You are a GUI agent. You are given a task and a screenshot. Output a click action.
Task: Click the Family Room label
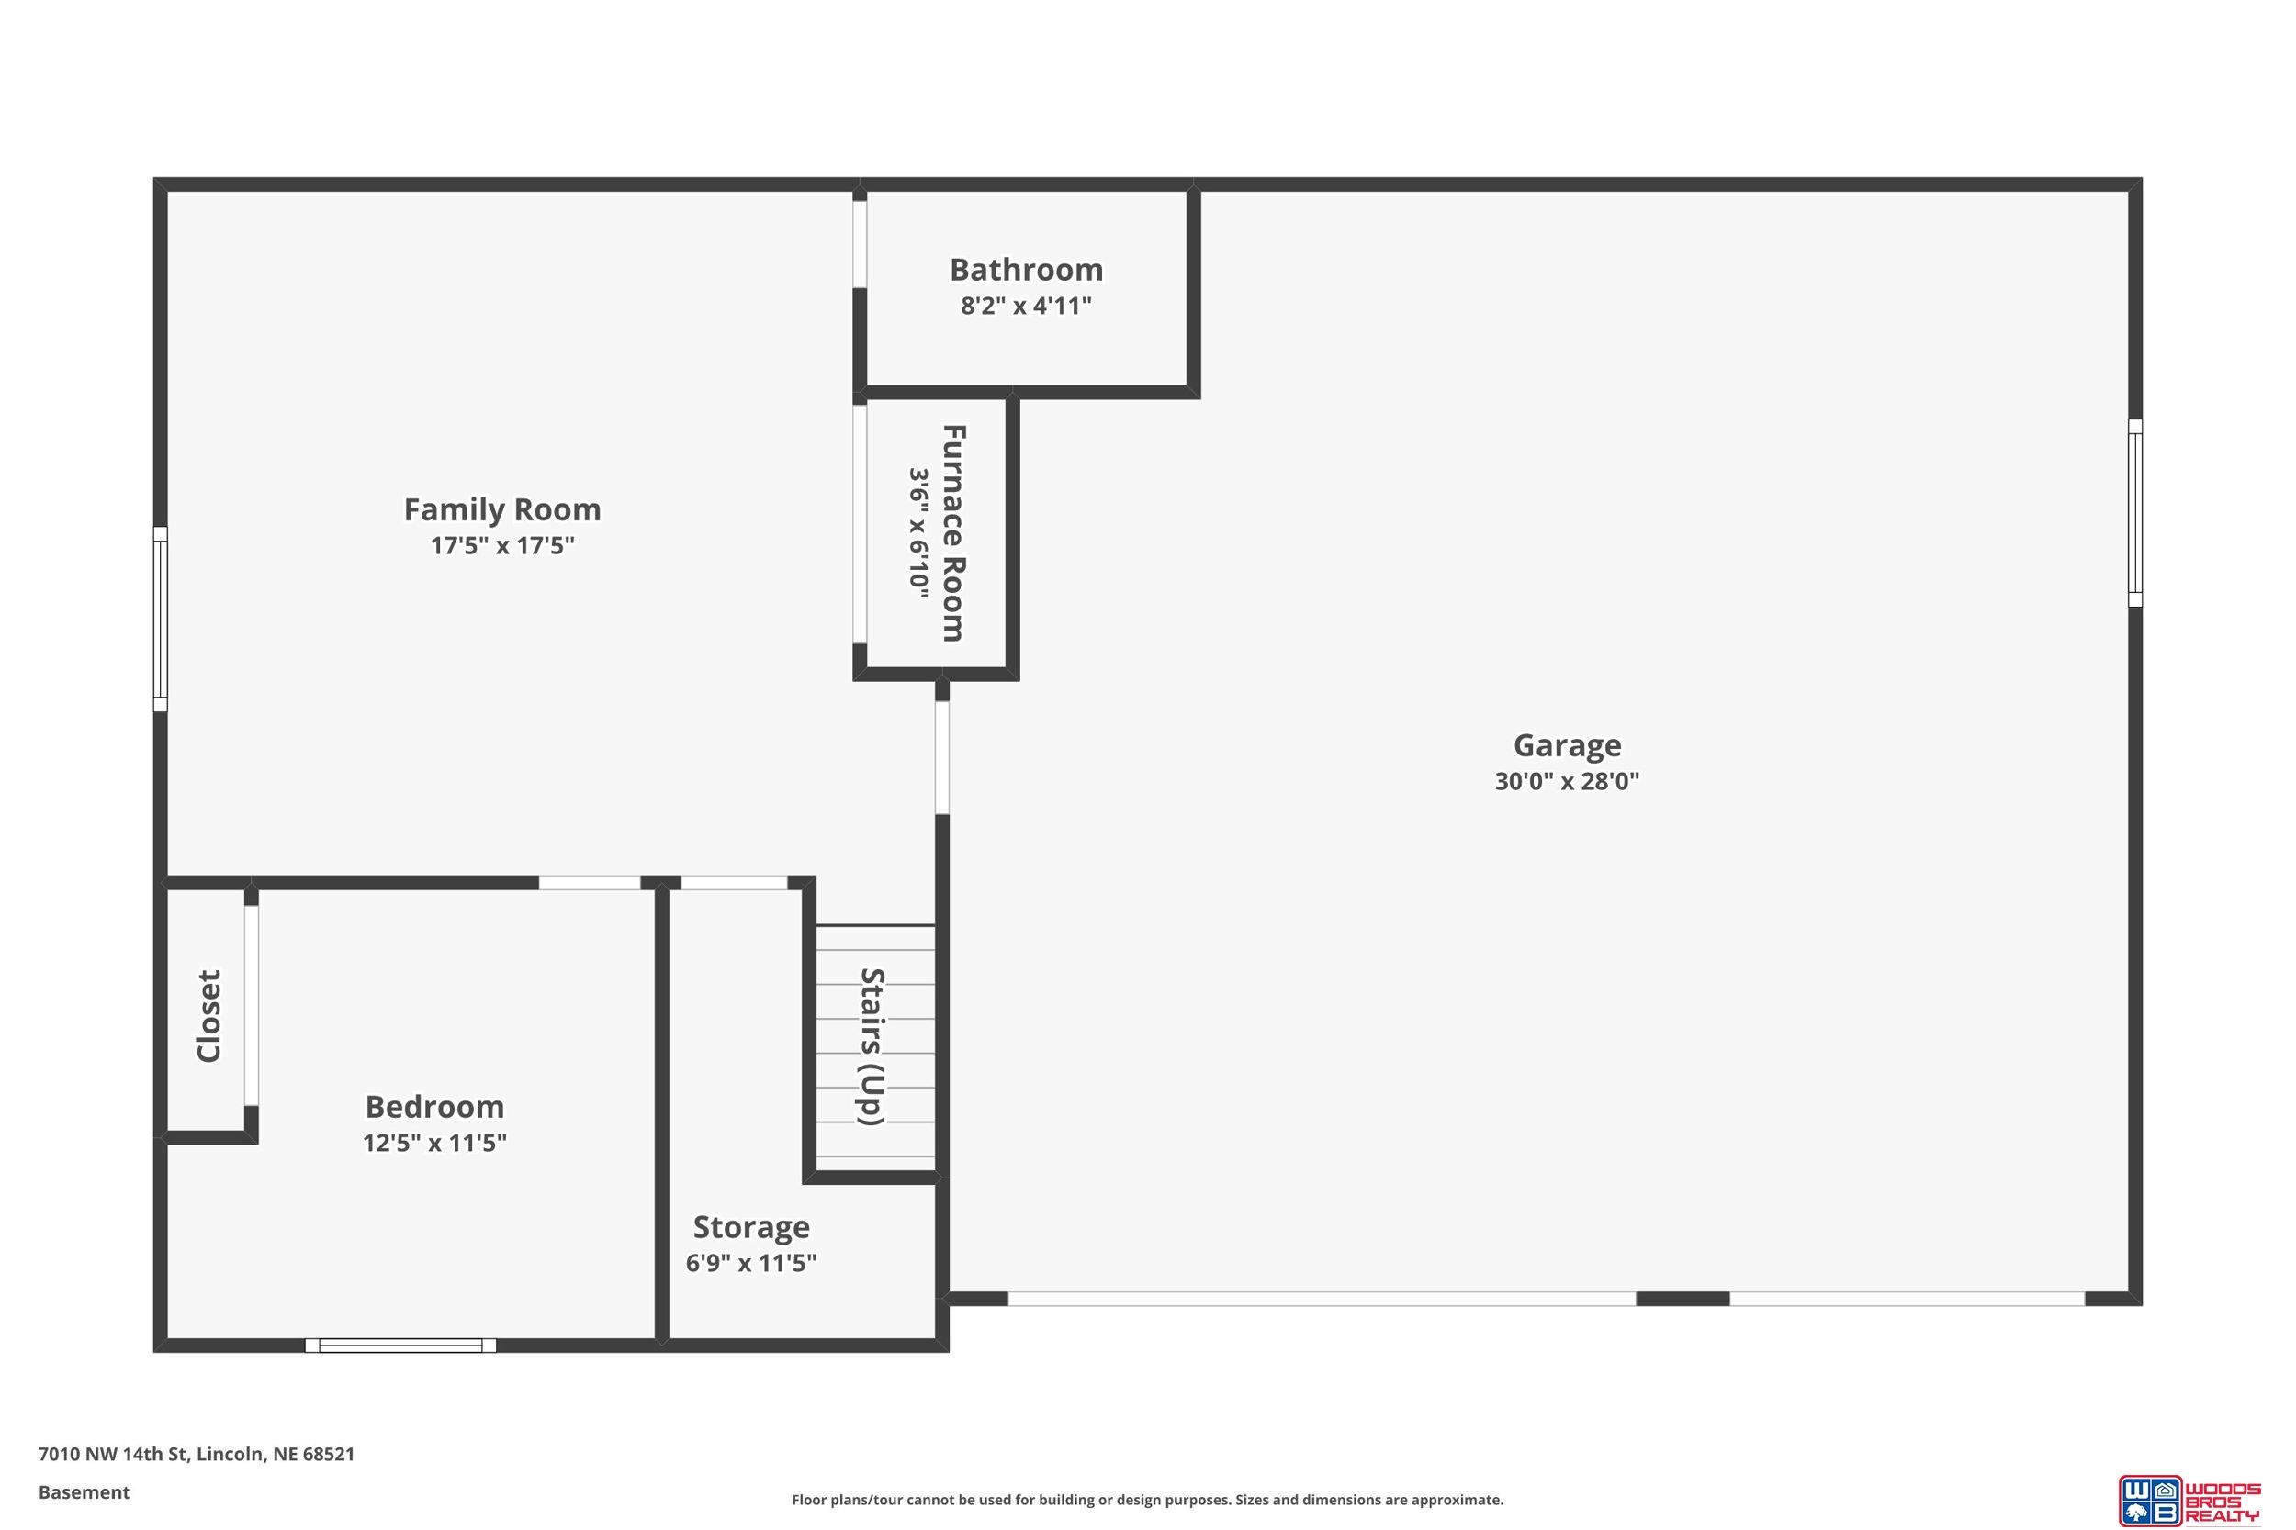point(501,509)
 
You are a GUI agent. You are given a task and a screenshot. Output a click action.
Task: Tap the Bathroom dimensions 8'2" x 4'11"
point(1026,307)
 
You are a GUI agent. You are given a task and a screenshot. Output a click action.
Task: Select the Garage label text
point(1567,745)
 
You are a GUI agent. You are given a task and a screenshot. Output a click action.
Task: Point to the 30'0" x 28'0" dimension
point(1567,782)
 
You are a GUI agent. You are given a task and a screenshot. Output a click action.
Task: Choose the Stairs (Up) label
point(872,1046)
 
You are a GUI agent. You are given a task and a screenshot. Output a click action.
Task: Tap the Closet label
point(208,1016)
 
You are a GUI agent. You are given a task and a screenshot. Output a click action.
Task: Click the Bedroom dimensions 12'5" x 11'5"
point(434,1143)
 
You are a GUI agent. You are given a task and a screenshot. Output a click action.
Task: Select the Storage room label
point(751,1226)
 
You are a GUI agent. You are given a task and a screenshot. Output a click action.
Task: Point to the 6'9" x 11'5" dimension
point(750,1264)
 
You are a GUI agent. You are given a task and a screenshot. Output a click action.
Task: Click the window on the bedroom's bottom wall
point(400,1346)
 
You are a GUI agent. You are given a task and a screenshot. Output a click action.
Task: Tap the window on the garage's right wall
point(2135,512)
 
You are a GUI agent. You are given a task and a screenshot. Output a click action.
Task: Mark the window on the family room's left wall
point(160,620)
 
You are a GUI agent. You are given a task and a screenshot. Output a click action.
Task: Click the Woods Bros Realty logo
point(2188,1500)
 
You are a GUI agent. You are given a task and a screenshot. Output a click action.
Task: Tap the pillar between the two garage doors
point(1682,1299)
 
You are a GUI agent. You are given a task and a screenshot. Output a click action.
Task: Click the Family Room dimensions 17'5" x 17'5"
point(501,545)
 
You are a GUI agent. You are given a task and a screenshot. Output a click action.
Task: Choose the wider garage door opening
point(1322,1299)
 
